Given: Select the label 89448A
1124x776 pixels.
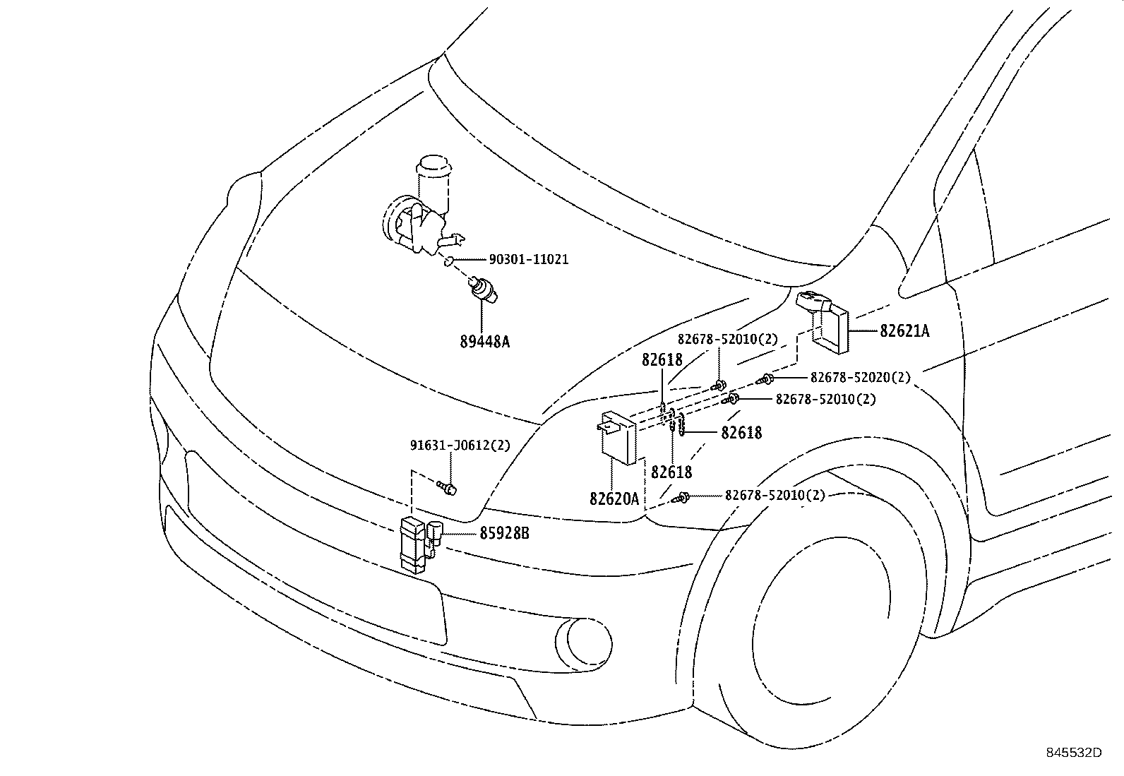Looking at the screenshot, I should click(484, 342).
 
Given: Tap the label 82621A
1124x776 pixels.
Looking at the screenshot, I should click(904, 330).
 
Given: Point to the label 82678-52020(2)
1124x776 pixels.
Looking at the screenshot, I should click(860, 378).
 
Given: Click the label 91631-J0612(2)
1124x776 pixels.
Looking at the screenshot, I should click(460, 446).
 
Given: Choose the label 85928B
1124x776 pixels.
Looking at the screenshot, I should click(503, 534).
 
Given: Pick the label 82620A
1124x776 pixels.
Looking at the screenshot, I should click(614, 499).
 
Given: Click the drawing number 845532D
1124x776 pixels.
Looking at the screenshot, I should click(1073, 753).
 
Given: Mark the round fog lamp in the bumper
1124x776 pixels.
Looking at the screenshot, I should click(583, 642).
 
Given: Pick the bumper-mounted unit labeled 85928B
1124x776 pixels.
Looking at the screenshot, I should click(419, 543).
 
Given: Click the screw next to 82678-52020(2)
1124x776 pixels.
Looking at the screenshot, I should click(766, 380).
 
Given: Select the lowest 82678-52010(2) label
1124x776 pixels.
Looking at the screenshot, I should click(775, 495).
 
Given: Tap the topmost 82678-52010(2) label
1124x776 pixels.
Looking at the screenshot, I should click(727, 340).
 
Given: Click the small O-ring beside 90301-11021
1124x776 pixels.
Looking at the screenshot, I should click(448, 263).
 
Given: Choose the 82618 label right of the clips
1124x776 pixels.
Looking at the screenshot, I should click(741, 433).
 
